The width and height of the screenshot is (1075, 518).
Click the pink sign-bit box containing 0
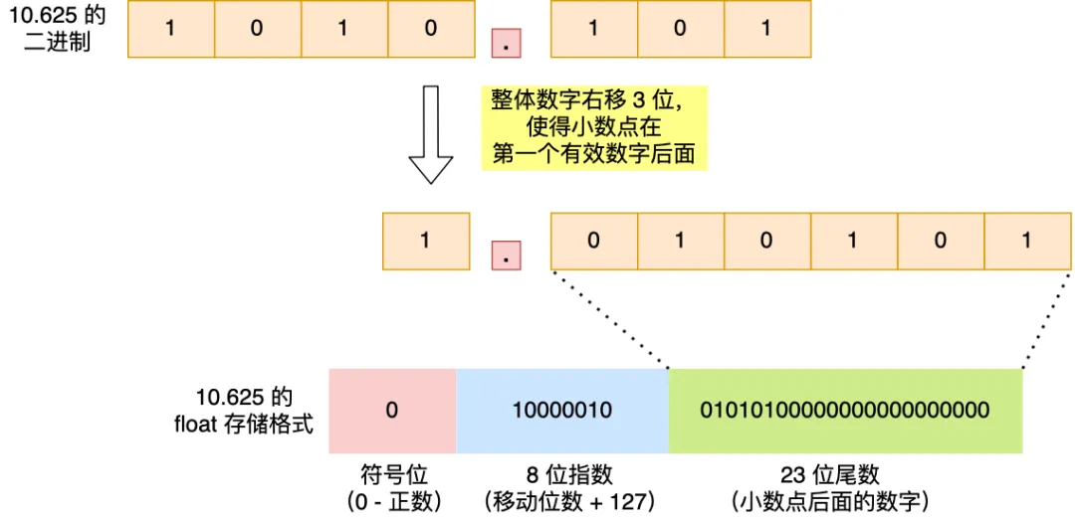(392, 410)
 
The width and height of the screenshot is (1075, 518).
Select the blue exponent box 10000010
(562, 410)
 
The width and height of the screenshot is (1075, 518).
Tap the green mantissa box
(845, 410)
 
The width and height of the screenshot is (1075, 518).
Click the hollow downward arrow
(431, 134)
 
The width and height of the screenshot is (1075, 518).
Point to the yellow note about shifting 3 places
(594, 127)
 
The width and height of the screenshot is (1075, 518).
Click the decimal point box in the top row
(507, 44)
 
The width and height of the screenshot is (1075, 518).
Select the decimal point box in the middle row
(507, 256)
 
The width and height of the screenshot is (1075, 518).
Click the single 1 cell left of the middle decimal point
(425, 241)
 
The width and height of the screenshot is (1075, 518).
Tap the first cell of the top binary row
(171, 28)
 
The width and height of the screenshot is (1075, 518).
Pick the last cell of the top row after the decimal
(766, 28)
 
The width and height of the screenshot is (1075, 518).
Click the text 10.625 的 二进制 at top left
(58, 30)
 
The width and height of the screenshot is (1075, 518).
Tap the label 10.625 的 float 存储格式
(244, 410)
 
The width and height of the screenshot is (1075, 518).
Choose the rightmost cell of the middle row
(1027, 241)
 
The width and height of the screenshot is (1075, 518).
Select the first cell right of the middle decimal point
(593, 241)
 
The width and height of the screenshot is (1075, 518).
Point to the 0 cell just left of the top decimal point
(430, 28)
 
